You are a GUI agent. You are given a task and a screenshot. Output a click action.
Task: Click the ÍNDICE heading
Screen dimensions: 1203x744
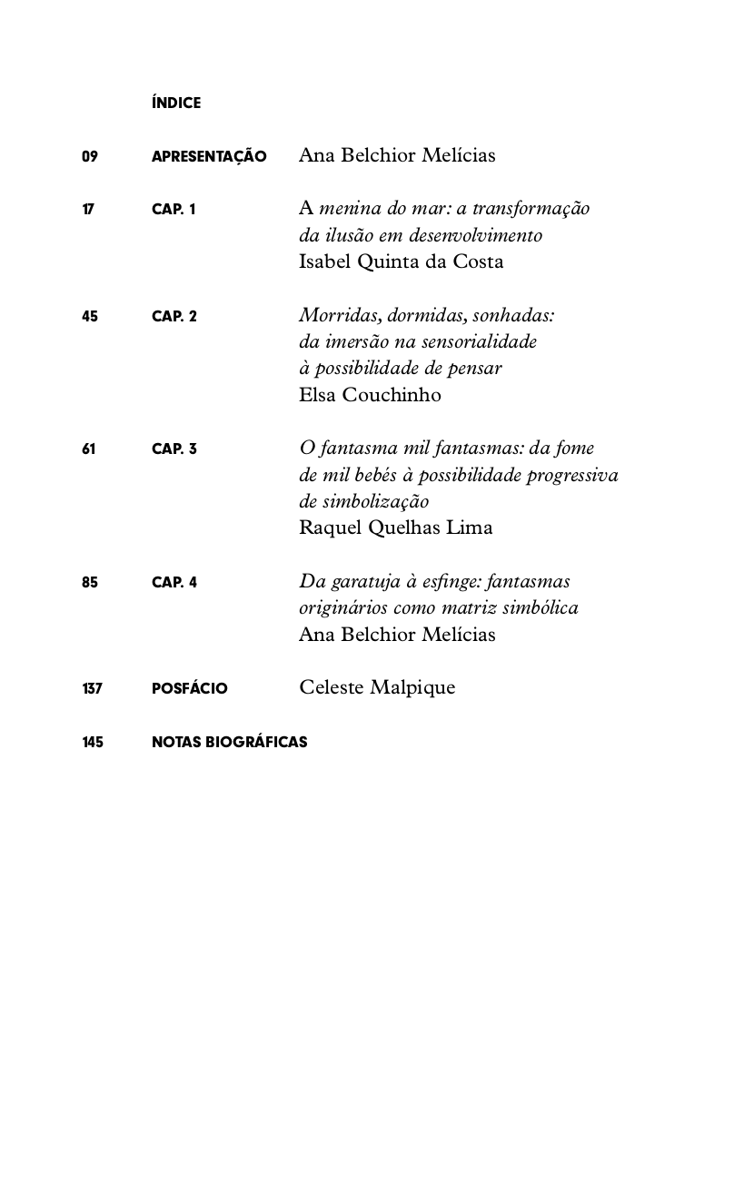tap(176, 104)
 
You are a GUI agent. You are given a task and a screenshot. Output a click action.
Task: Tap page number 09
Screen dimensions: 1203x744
tap(89, 156)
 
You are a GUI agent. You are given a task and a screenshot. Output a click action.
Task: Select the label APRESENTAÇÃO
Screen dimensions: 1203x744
tap(209, 156)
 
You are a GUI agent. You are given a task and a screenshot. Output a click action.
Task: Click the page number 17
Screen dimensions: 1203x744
tap(88, 210)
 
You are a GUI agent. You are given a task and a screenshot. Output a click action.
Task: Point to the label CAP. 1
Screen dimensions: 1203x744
tap(174, 210)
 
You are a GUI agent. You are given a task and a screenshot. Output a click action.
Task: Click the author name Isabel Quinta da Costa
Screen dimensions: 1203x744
tap(401, 261)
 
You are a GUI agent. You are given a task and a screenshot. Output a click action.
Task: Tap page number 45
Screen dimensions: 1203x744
tap(89, 316)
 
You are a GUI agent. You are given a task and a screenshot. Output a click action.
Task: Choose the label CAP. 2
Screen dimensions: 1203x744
tap(174, 316)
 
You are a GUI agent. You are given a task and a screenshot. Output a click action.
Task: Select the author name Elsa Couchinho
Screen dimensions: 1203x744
tap(370, 395)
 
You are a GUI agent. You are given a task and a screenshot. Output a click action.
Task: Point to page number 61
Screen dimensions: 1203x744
tap(88, 449)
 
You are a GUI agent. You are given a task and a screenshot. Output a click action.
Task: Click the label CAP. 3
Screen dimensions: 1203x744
tap(174, 449)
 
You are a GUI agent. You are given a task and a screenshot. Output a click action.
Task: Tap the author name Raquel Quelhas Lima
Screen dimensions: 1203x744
tap(395, 528)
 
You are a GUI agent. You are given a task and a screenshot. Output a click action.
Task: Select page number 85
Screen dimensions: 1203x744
tap(89, 582)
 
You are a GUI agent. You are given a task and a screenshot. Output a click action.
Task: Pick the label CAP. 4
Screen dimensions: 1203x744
tap(174, 582)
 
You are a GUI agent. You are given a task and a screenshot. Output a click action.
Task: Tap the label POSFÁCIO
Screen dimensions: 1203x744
tap(189, 688)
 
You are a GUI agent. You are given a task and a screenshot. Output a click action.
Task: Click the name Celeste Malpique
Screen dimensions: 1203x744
tap(377, 687)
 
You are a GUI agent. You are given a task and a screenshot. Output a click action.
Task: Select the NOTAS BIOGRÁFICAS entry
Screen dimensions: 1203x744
tap(229, 742)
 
